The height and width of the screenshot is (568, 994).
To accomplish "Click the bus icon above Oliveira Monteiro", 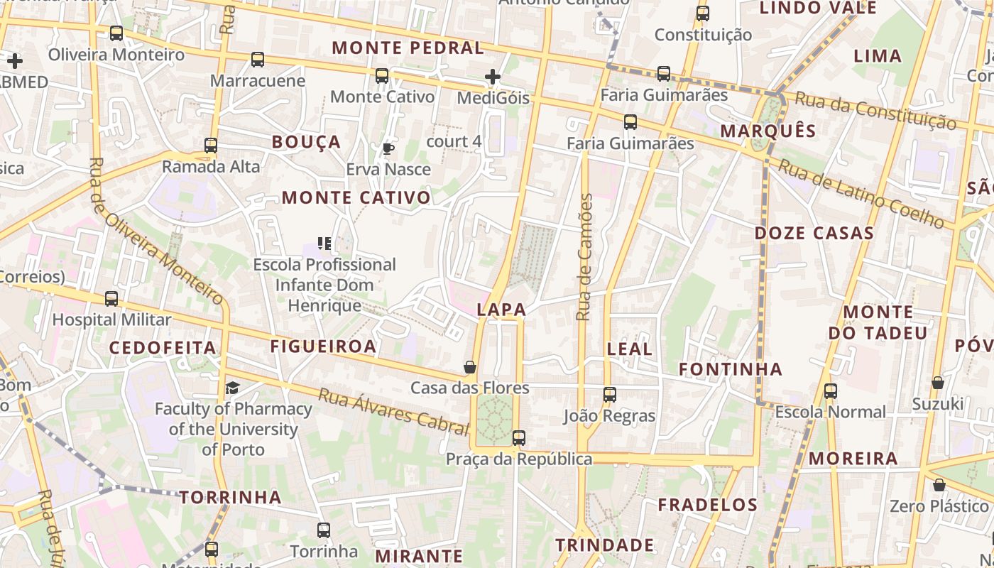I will tap(116, 33).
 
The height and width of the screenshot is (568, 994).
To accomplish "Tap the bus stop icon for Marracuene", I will tap(258, 60).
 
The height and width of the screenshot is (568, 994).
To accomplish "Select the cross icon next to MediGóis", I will tap(493, 77).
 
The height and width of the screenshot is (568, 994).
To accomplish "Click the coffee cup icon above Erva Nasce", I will tap(388, 148).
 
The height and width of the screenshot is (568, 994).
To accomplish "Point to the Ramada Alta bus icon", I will tap(211, 146).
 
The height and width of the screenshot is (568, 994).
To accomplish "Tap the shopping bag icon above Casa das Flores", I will tap(469, 367).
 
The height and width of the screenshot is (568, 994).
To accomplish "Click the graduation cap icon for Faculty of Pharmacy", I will tap(233, 388).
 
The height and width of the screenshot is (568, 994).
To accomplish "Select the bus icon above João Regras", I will tap(609, 395).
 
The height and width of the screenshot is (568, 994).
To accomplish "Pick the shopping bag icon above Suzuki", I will tap(938, 383).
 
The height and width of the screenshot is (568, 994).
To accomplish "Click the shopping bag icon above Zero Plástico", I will tap(939, 486).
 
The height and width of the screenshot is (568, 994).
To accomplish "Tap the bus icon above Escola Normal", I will tap(831, 390).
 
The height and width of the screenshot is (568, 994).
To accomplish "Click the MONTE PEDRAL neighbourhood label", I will tap(408, 48).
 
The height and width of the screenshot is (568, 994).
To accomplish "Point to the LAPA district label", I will tap(502, 310).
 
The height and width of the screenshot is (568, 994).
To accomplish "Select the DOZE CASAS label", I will tap(814, 234).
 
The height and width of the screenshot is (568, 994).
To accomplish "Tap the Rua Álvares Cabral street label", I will tap(393, 411).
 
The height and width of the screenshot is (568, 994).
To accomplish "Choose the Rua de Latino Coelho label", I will tap(863, 194).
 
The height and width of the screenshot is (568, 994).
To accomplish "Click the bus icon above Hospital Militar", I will tap(111, 299).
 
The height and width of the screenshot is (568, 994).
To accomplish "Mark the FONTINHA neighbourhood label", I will tap(731, 369).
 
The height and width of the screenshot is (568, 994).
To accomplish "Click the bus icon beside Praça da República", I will tap(519, 438).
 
